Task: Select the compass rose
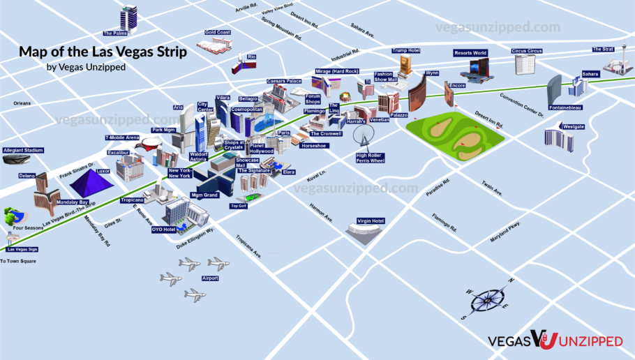pyautogui.click(x=486, y=300)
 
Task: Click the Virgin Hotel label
pyautogui.click(x=371, y=221)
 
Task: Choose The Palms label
pyautogui.click(x=114, y=33)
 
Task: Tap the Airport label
pyautogui.click(x=210, y=278)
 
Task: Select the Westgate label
pyautogui.click(x=574, y=127)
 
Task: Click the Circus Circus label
pyautogui.click(x=528, y=51)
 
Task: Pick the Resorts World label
pyautogui.click(x=470, y=53)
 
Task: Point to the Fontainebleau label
pyautogui.click(x=565, y=108)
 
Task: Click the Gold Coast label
pyautogui.click(x=218, y=32)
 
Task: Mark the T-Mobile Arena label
pyautogui.click(x=122, y=137)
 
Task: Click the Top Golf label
pyautogui.click(x=239, y=207)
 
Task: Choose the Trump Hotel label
pyautogui.click(x=405, y=51)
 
